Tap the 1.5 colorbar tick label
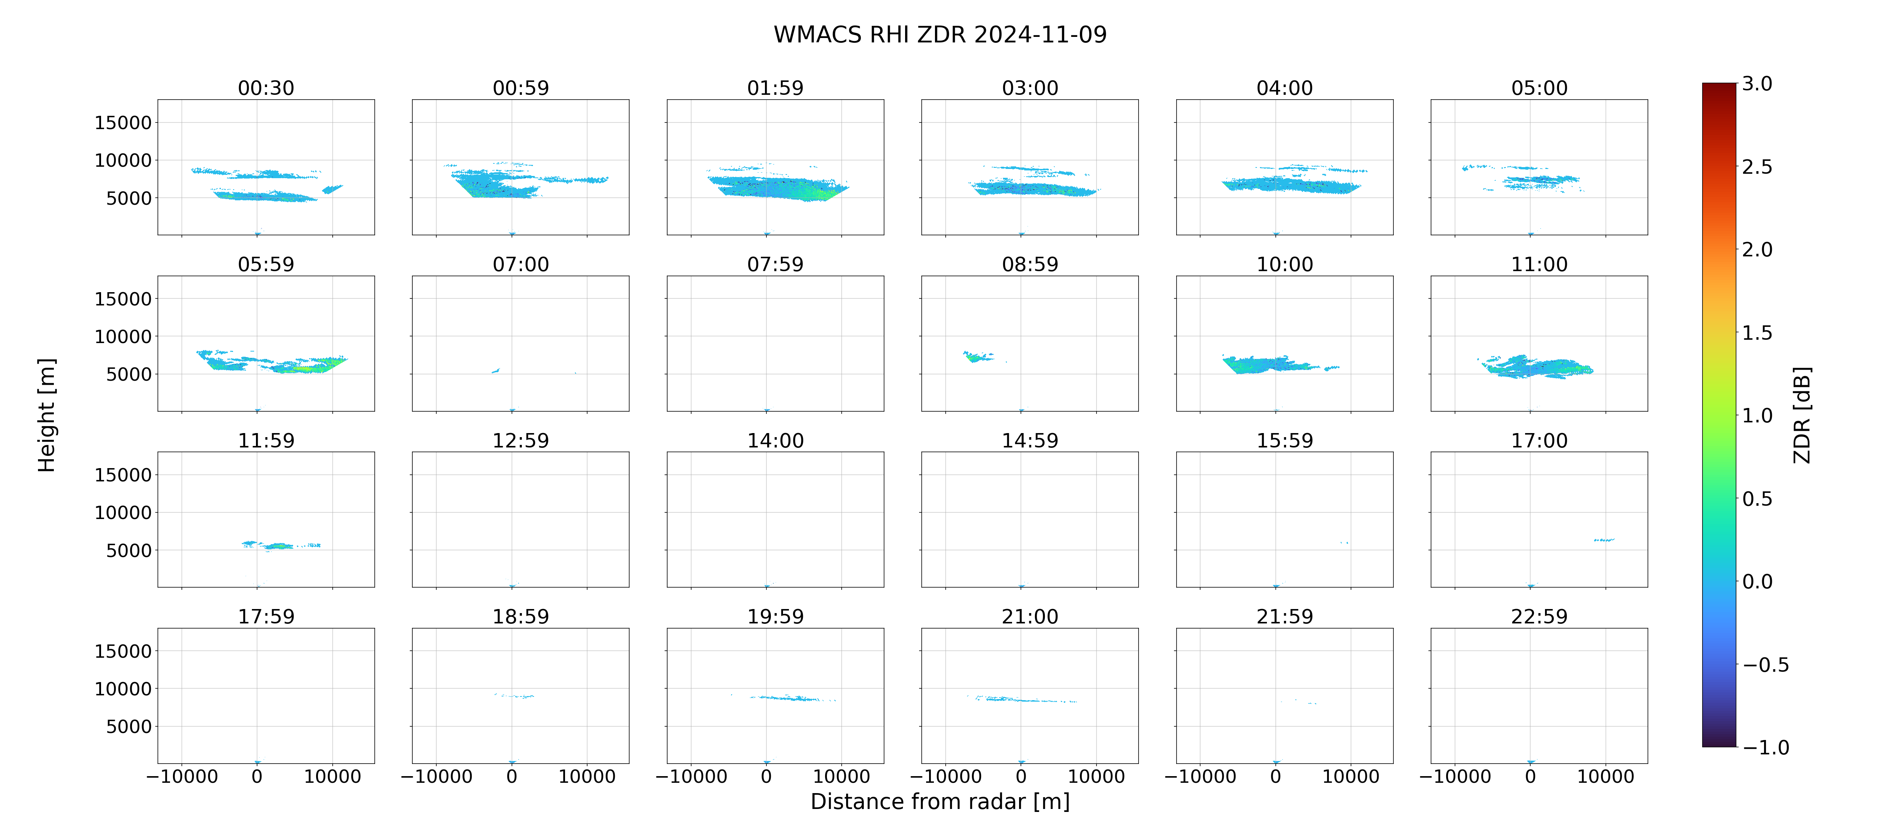pyautogui.click(x=1757, y=332)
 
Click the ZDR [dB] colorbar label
pyautogui.click(x=1802, y=415)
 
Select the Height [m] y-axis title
pyautogui.click(x=46, y=415)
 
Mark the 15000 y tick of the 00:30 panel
pyautogui.click(x=123, y=123)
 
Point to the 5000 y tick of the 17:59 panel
pyautogui.click(x=128, y=726)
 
